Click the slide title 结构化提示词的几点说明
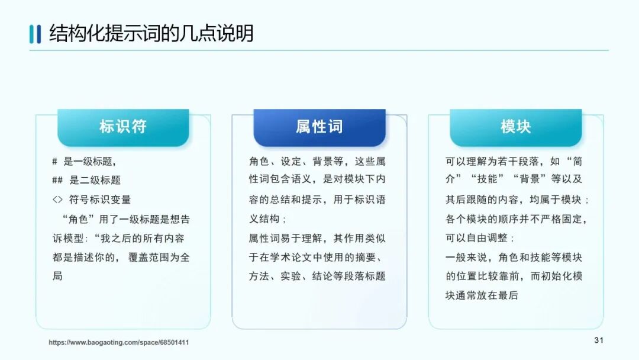pyautogui.click(x=151, y=33)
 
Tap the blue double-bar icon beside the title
pyautogui.click(x=35, y=34)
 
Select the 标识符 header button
pyautogui.click(x=123, y=127)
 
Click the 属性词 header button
pyautogui.click(x=319, y=127)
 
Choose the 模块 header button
pyautogui.click(x=515, y=127)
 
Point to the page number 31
pyautogui.click(x=598, y=340)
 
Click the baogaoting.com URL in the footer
pyautogui.click(x=119, y=342)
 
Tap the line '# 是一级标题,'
pyautogui.click(x=84, y=161)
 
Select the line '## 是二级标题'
pyautogui.click(x=86, y=180)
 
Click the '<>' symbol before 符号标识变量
pyautogui.click(x=57, y=200)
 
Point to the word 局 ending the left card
pyautogui.click(x=57, y=276)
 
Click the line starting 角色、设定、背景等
pyautogui.click(x=317, y=161)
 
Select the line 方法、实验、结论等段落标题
pyautogui.click(x=317, y=276)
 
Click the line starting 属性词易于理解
pyautogui.click(x=317, y=238)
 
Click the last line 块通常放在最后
pyautogui.click(x=482, y=295)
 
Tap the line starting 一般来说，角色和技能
pyautogui.click(x=514, y=257)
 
